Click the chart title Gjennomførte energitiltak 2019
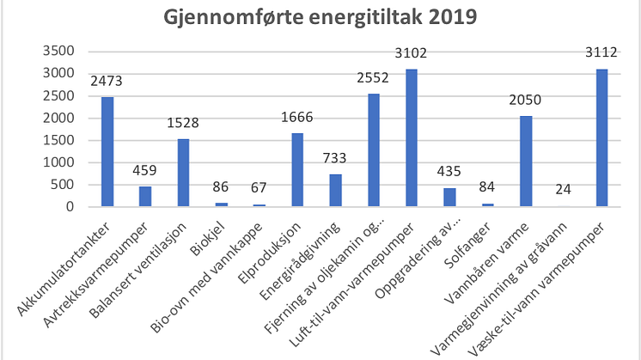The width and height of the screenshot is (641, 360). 320,18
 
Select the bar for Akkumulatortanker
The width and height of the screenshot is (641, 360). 107,152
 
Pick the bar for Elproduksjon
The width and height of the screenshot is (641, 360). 297,170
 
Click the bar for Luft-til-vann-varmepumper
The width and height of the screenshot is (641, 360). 411,137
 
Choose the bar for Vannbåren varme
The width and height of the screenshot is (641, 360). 525,162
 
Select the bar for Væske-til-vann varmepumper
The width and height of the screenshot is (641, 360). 601,137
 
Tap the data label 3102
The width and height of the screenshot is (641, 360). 411,55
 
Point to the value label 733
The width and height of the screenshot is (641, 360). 335,161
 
